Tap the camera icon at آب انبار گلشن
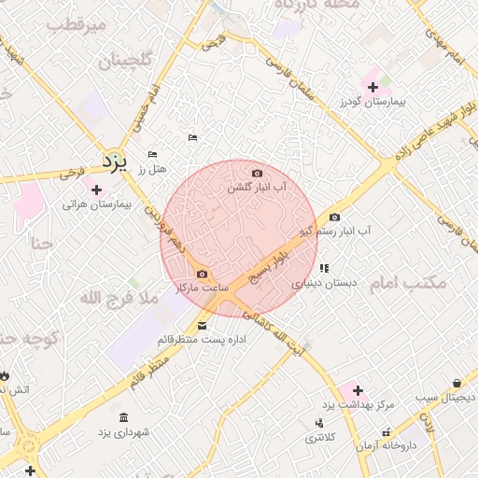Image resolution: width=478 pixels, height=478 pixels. [x=258, y=173]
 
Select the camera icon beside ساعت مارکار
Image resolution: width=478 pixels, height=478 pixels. [x=203, y=274]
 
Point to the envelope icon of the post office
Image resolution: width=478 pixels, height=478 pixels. [x=204, y=325]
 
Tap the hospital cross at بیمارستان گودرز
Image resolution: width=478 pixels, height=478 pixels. [x=373, y=87]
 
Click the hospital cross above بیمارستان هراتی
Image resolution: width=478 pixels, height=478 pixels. [x=96, y=190]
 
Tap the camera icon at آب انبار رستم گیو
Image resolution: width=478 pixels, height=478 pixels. [x=335, y=217]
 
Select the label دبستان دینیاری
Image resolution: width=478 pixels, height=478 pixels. [x=322, y=282]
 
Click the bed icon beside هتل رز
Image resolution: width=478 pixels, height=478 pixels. [x=152, y=155]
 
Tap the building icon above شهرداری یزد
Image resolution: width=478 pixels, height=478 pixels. [x=124, y=417]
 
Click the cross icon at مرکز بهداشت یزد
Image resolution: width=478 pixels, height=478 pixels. [x=358, y=389]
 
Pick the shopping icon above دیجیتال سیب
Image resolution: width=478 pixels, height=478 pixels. [x=456, y=383]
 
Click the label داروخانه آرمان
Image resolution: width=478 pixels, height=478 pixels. [x=384, y=446]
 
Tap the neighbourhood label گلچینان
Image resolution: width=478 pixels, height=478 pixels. [x=123, y=63]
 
